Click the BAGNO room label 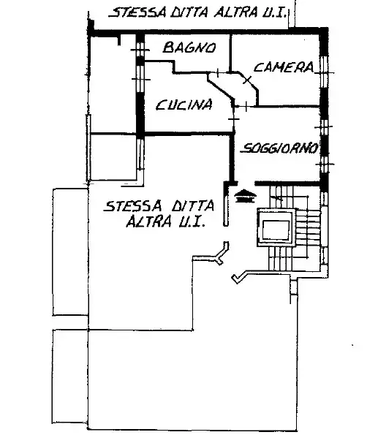click(189, 48)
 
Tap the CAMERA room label click(284, 67)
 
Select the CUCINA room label click(184, 105)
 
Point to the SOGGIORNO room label click(279, 148)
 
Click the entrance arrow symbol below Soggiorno click(245, 196)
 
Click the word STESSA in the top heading click(138, 13)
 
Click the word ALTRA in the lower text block click(149, 221)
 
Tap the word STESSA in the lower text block click(133, 205)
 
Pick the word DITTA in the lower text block click(193, 205)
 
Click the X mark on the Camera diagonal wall click(247, 80)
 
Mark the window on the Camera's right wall click(325, 72)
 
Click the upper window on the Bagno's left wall click(140, 50)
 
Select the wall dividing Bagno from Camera click(230, 53)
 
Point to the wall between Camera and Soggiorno click(287, 106)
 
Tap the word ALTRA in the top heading click(235, 12)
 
